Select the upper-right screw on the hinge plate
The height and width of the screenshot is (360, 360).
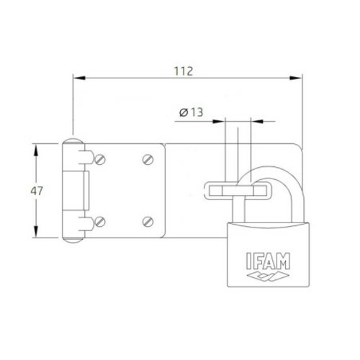pos(148,158)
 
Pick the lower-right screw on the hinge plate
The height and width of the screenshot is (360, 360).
pos(148,220)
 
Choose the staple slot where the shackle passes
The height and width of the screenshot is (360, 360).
pos(238,191)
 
